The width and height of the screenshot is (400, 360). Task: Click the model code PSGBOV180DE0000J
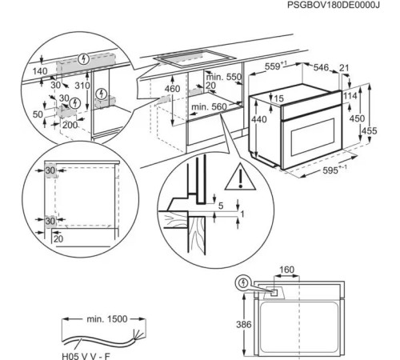pyautogui.click(x=334, y=7)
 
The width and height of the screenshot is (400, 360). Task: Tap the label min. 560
pyautogui.click(x=210, y=106)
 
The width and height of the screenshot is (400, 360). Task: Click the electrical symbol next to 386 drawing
pyautogui.click(x=243, y=282)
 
